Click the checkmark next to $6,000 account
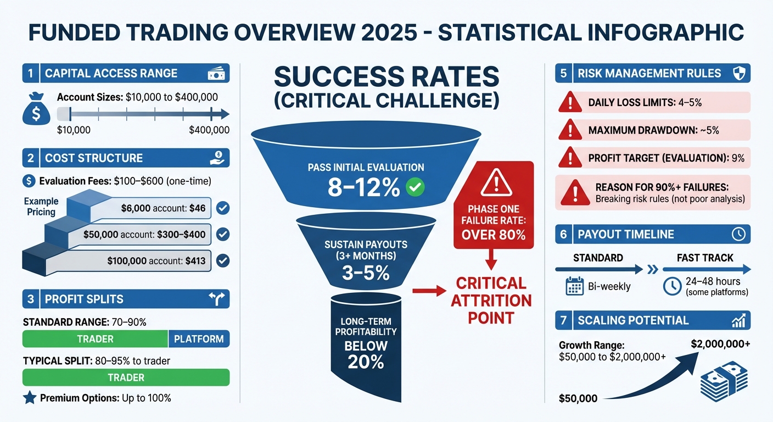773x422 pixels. [222, 208]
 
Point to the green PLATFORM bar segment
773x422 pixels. [198, 339]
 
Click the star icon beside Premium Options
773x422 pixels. [30, 397]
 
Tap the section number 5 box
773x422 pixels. [563, 73]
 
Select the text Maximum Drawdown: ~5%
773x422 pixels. [653, 131]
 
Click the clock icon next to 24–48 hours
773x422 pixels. [673, 286]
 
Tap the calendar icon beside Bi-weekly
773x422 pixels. [574, 286]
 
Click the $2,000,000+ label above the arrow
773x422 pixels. [721, 344]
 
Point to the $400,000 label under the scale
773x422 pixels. [209, 130]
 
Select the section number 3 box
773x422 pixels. [30, 299]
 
